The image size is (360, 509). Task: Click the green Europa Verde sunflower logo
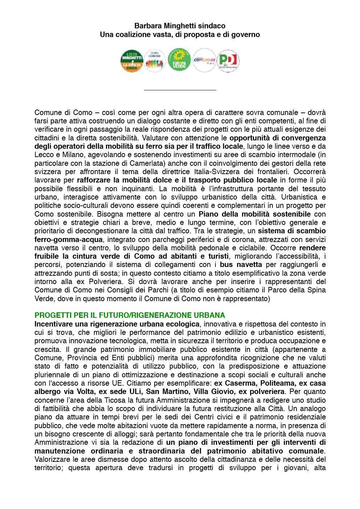[x=179, y=60]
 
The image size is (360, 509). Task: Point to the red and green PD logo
[x=228, y=61]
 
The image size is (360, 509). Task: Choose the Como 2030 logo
[x=204, y=60]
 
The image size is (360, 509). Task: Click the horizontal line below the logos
[x=180, y=90]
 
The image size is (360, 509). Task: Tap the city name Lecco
[x=44, y=155]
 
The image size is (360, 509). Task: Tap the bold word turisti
[x=218, y=256]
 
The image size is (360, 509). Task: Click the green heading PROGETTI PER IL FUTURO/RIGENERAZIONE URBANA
[x=130, y=315]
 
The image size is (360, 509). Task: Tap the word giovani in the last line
[x=294, y=468]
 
